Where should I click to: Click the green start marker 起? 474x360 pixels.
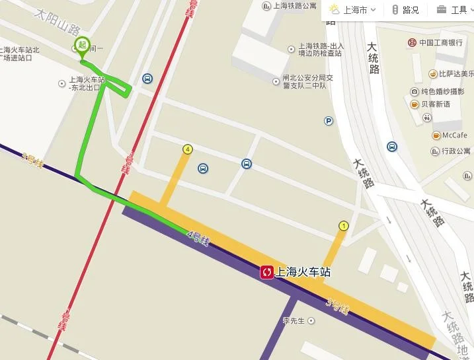(x=82, y=46)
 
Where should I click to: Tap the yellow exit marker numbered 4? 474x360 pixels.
(x=188, y=150)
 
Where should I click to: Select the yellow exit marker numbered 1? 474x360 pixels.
(x=343, y=226)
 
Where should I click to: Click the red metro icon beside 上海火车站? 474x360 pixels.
(x=267, y=272)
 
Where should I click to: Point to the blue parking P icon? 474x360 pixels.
(x=329, y=120)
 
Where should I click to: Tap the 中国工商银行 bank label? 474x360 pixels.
(x=439, y=43)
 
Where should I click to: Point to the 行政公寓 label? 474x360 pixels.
(x=455, y=151)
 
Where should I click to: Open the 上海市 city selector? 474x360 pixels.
(x=353, y=10)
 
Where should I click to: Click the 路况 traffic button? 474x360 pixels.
(x=405, y=10)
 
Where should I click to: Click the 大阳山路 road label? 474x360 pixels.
(x=58, y=21)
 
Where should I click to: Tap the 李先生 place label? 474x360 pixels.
(x=294, y=321)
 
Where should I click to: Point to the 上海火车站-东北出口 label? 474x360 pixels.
(x=84, y=83)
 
